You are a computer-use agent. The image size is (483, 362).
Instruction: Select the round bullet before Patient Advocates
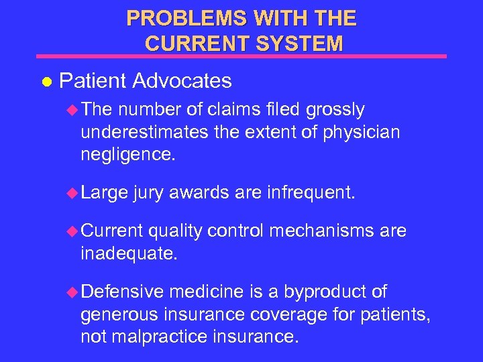click(46, 82)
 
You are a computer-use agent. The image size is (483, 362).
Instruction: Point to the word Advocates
click(182, 81)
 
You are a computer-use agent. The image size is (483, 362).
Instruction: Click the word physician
click(362, 132)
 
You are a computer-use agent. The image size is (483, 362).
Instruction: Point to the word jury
click(148, 194)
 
